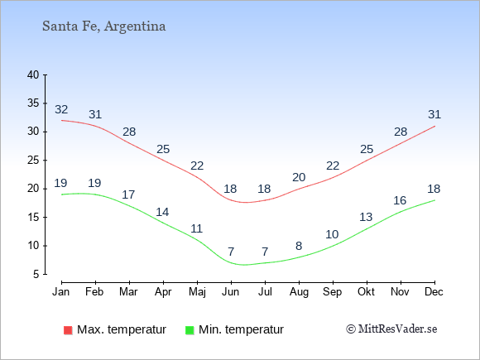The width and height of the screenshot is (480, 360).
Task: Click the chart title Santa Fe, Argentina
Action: (103, 26)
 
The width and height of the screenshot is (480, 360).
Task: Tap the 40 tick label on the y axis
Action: (33, 74)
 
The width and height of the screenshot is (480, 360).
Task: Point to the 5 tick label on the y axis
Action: (36, 274)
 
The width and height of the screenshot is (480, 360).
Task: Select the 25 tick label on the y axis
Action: (33, 160)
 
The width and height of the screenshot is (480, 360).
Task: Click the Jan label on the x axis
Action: (61, 292)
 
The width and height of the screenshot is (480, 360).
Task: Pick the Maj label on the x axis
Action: (197, 292)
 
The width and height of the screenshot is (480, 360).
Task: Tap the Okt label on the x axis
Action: (366, 292)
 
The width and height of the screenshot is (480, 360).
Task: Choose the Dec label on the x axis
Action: (434, 292)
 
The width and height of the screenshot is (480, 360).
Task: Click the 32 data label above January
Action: (61, 109)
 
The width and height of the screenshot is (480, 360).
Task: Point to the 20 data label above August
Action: (299, 177)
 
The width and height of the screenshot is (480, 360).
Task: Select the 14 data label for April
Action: (162, 212)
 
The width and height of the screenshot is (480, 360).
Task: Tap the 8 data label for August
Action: (299, 246)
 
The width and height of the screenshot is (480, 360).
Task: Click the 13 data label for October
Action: (366, 217)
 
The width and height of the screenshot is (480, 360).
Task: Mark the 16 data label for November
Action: (400, 200)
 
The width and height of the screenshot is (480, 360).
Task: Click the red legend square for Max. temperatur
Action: (68, 330)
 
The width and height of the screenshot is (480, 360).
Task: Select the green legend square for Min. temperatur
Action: (190, 330)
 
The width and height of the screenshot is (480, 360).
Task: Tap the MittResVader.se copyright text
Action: (391, 329)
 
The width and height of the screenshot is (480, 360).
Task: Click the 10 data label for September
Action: (332, 234)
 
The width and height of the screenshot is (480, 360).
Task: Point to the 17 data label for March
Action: (128, 194)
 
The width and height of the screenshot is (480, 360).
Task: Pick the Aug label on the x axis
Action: (299, 292)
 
